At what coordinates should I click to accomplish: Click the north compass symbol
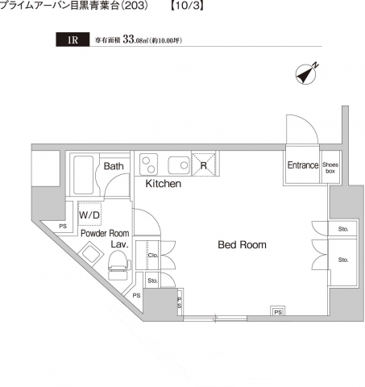306,74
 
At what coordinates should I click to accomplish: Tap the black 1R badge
73,40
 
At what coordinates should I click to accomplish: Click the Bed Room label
242,245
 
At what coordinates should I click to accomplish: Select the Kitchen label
164,184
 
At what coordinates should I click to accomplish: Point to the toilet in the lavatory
118,264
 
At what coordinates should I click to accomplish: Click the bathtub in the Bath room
84,175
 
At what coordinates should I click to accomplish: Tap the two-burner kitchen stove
148,164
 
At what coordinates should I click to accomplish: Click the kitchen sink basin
179,165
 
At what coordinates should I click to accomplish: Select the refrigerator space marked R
204,164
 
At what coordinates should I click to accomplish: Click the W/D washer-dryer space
89,214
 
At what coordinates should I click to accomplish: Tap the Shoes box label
330,168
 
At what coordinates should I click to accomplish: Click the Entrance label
303,165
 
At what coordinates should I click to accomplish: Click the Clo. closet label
153,255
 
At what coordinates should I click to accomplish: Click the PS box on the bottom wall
278,312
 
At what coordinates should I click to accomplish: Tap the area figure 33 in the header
128,40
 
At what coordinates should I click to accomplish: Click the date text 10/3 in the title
189,6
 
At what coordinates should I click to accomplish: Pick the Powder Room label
105,233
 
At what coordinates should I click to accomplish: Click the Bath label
114,166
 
